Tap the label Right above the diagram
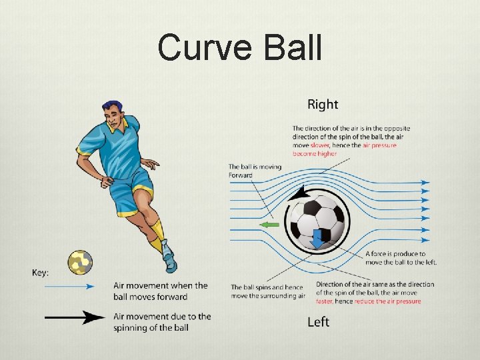(323, 104)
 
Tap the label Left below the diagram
(318, 322)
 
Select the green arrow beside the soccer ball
(269, 225)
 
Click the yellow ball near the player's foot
(80, 263)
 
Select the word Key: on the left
(41, 272)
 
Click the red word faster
(325, 301)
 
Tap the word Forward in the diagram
(241, 175)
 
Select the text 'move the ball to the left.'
(401, 261)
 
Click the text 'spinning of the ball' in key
(151, 327)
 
